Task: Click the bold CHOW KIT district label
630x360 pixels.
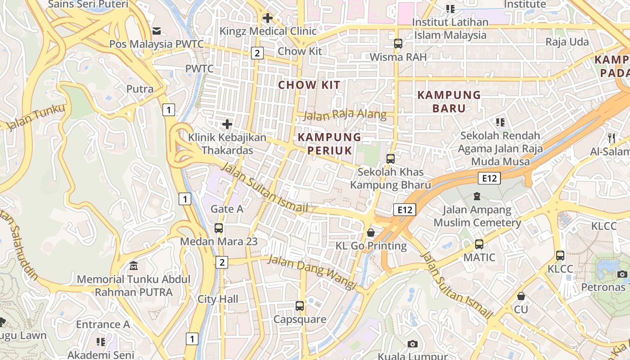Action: coord(309,85)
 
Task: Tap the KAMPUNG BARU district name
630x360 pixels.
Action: coord(449,102)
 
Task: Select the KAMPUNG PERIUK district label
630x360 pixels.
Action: coord(330,144)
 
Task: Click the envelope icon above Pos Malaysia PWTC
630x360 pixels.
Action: coord(157,31)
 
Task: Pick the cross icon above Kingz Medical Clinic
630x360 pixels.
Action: coord(268,18)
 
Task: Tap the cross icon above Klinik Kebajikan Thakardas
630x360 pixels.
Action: coord(227,124)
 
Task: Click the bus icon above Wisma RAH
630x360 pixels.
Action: coord(398,44)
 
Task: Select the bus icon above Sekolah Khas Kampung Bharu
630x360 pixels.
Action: coord(391,158)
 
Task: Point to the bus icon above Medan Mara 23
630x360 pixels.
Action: coord(219,228)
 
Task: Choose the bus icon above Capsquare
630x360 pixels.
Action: coord(300,306)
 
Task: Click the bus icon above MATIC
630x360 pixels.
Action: coord(479,244)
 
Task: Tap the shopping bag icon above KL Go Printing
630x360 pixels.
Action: coord(371,233)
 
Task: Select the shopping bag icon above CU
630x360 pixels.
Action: coord(521,296)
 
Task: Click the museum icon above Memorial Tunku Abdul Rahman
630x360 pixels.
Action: coord(133,266)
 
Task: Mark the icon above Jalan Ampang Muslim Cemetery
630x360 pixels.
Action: coord(477,196)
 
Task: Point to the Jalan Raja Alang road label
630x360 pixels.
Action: coord(345,115)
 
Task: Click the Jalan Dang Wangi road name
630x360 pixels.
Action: coord(312,271)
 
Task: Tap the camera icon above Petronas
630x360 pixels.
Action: coord(622,274)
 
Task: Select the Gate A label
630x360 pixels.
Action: coord(227,209)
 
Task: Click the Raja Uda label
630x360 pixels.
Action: coord(567,42)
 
